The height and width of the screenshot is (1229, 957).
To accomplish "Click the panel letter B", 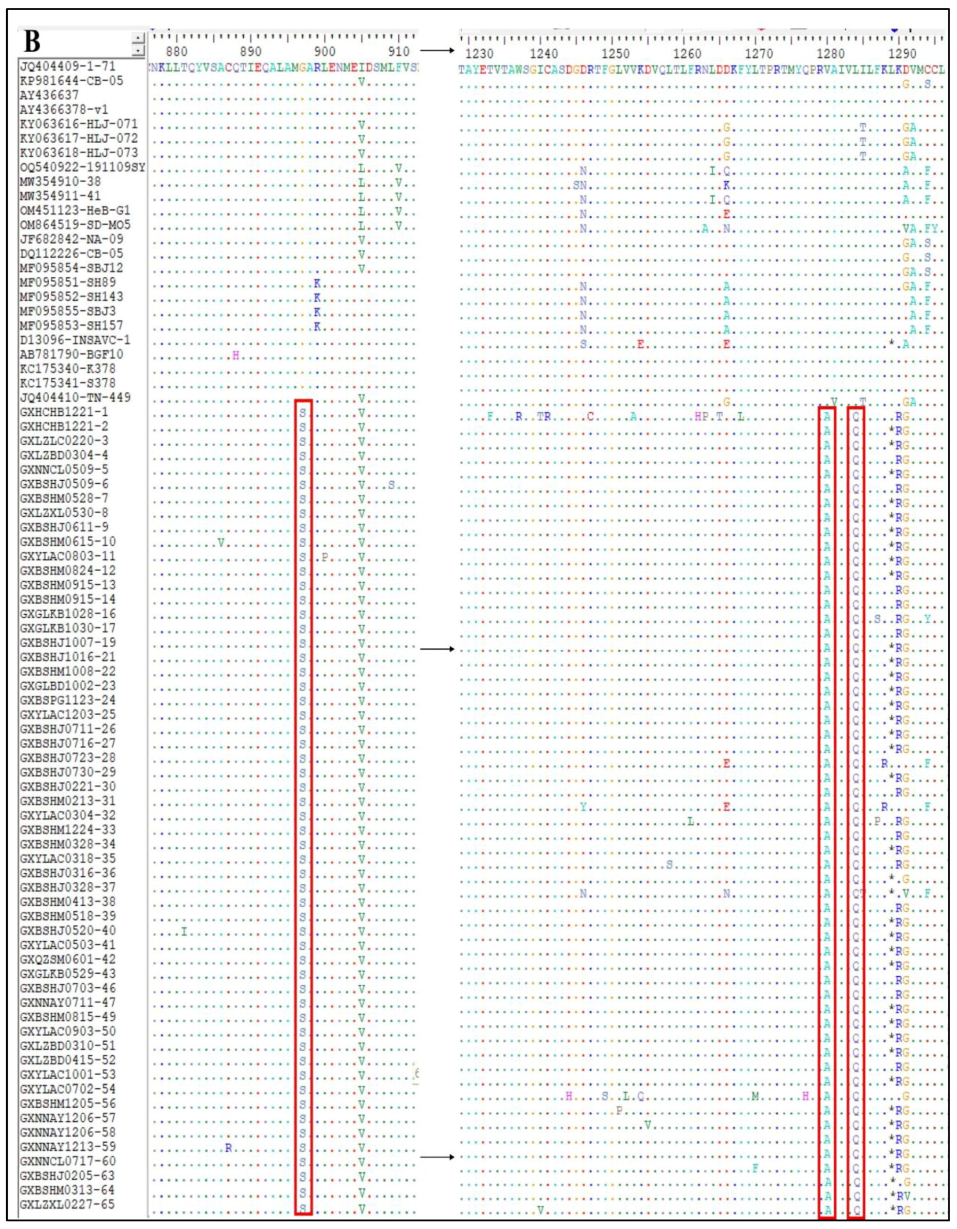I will [x=33, y=43].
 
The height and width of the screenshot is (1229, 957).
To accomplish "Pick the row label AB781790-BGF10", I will [x=71, y=354].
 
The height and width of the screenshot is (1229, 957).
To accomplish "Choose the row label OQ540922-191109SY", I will [x=82, y=167].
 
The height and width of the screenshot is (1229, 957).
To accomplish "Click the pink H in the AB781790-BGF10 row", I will [x=236, y=355].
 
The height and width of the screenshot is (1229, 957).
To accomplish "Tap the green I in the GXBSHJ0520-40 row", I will [x=183, y=933].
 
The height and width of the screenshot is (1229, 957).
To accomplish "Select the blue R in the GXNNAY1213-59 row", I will [x=228, y=1147].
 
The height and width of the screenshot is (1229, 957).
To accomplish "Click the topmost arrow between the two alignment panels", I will [x=436, y=51].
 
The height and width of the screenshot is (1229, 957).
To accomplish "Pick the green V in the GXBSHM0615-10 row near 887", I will [x=221, y=543].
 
